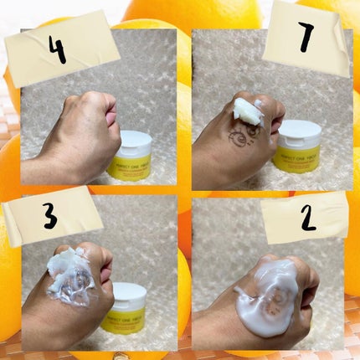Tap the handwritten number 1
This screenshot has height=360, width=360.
pyautogui.click(x=306, y=38)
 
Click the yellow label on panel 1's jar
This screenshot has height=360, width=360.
pyautogui.click(x=298, y=158)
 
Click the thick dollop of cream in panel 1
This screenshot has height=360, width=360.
pyautogui.click(x=247, y=109)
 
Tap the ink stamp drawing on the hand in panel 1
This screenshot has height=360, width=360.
pyautogui.click(x=231, y=135)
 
